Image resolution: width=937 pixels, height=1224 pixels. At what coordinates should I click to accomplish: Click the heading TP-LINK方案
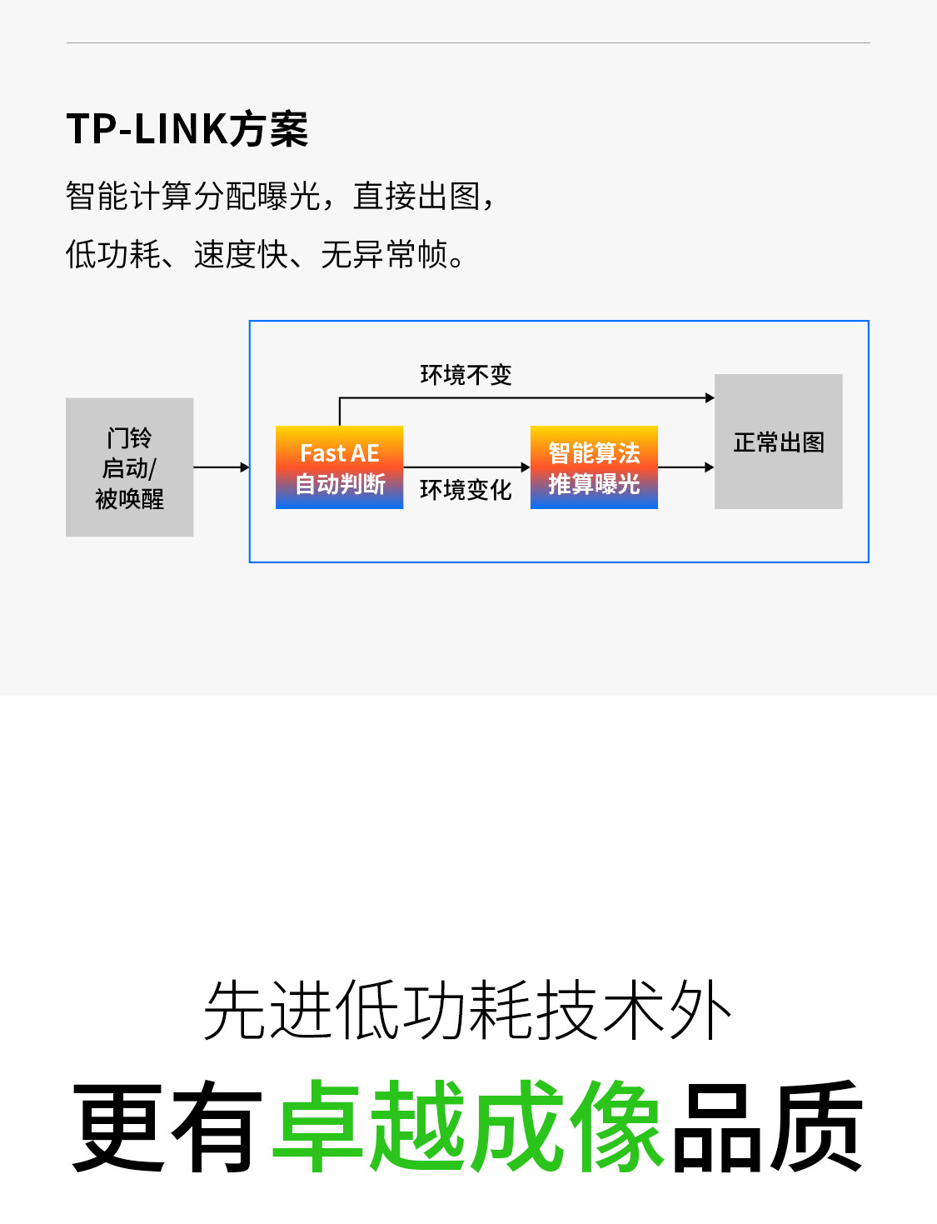(187, 130)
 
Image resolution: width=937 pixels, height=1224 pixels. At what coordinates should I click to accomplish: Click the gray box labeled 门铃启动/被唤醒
(130, 467)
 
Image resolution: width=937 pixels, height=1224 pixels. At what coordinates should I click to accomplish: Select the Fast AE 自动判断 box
(340, 467)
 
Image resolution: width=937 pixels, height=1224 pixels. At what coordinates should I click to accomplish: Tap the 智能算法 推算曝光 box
(594, 467)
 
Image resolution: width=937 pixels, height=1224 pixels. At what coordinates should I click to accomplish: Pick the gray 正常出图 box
(779, 442)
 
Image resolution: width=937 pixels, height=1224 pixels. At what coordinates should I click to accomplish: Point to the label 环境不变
(466, 375)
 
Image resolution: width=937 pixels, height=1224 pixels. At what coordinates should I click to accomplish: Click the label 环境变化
(466, 490)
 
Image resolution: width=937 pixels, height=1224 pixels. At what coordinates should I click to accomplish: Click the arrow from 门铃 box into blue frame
(222, 467)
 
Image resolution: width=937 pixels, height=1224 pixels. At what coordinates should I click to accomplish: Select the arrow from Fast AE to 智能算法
(466, 467)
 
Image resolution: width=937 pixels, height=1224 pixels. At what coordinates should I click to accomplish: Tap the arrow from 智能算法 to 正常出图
(685, 467)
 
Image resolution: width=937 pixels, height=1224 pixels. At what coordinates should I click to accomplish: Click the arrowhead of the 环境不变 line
(710, 398)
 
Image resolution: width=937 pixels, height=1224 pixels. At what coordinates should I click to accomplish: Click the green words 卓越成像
(468, 1126)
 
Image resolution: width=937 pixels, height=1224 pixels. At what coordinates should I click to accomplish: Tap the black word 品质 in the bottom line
(766, 1126)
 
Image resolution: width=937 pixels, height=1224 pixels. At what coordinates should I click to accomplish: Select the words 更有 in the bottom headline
(167, 1126)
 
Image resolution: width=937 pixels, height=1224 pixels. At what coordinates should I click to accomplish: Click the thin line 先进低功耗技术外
(468, 1010)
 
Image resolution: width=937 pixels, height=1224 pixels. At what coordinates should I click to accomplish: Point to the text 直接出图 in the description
(416, 197)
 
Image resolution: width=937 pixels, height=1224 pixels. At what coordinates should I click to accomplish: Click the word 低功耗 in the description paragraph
(113, 255)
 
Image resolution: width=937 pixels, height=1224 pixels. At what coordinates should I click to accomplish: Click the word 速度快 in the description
(241, 255)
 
